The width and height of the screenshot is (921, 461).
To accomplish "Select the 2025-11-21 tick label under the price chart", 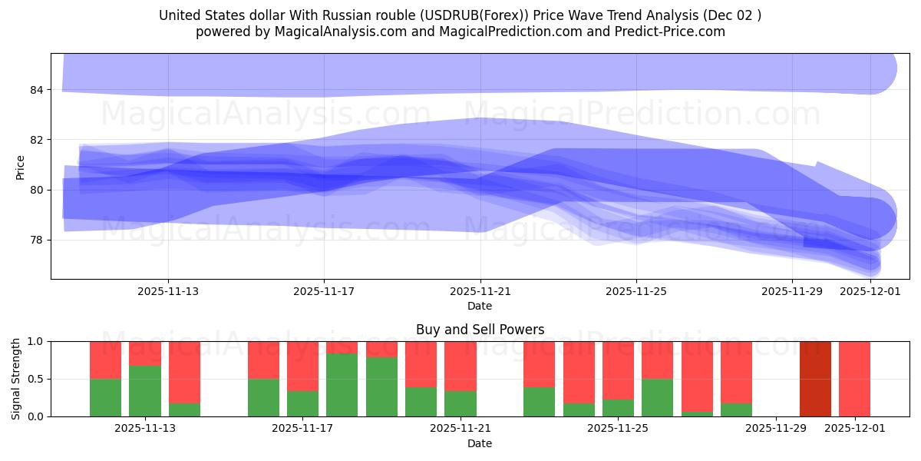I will tap(480, 291).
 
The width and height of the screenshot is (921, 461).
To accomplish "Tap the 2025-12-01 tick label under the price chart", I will tap(870, 291).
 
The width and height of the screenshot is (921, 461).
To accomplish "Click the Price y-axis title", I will tap(21, 167).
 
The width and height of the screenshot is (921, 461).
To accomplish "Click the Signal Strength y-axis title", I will tap(16, 379).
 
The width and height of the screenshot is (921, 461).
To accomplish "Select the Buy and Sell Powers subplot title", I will tap(480, 330).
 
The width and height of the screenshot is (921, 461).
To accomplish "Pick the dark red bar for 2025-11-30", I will tap(815, 379).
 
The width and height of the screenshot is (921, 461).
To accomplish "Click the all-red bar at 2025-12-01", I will tap(854, 379).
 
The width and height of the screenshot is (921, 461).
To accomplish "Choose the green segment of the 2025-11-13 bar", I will tap(145, 390).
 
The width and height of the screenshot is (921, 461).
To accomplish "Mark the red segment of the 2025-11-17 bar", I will tap(302, 366).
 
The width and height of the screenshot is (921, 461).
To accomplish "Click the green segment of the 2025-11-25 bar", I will tap(618, 407).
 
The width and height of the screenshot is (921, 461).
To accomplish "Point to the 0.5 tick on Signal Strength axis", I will tap(37, 379).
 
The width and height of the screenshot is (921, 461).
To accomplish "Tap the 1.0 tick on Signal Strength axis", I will tap(37, 341).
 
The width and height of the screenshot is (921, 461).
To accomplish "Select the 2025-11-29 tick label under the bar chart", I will tap(776, 429).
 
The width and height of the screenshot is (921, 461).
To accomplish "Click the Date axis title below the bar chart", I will tap(480, 443).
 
